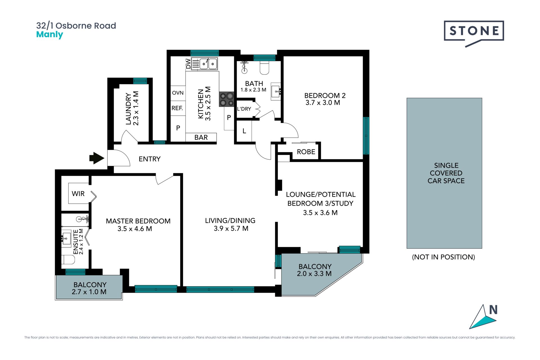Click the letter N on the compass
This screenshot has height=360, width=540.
pyautogui.click(x=493, y=310)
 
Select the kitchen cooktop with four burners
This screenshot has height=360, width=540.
pyautogui.click(x=227, y=99)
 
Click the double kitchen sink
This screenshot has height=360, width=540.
pyautogui.click(x=208, y=64)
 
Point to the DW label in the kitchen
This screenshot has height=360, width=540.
pyautogui.click(x=188, y=64)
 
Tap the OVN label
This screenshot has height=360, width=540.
pyautogui.click(x=178, y=93)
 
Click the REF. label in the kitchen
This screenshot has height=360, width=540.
pyautogui.click(x=177, y=108)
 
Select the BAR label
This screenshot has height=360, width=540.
pyautogui.click(x=201, y=137)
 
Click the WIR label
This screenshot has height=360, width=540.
pyautogui.click(x=78, y=193)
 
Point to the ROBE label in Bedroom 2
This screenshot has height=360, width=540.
pyautogui.click(x=306, y=152)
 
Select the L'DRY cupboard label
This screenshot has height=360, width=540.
pyautogui.click(x=244, y=109)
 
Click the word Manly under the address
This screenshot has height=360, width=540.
pyautogui.click(x=49, y=35)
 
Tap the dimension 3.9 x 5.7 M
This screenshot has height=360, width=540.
pyautogui.click(x=231, y=228)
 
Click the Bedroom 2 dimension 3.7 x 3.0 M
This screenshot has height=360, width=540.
pyautogui.click(x=323, y=103)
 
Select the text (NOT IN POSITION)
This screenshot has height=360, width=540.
pyautogui.click(x=444, y=257)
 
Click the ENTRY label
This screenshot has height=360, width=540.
pyautogui.click(x=150, y=159)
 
